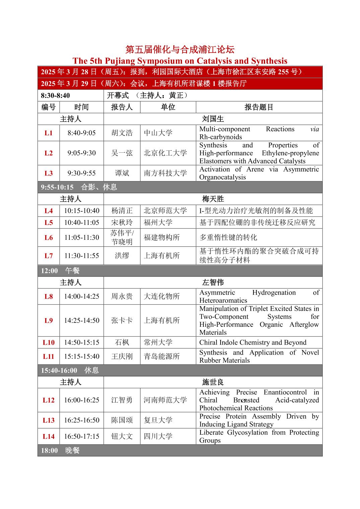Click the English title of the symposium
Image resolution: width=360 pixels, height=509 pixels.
(x=180, y=61)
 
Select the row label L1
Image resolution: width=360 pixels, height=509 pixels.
(x=49, y=133)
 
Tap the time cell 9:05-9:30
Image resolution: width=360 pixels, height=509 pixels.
(x=81, y=153)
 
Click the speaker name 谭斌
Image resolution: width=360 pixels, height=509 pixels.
(x=122, y=173)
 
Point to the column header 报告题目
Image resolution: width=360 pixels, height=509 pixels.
(x=259, y=107)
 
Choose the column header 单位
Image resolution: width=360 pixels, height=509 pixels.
(x=168, y=107)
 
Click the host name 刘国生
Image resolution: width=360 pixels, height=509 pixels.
(x=213, y=119)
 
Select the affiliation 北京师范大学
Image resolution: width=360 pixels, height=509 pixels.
(x=165, y=211)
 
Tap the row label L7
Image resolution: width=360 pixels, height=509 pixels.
(x=49, y=256)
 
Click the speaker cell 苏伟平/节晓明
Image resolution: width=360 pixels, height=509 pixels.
(x=122, y=237)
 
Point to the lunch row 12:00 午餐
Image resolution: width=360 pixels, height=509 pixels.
(x=60, y=271)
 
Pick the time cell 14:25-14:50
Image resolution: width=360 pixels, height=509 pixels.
(x=81, y=320)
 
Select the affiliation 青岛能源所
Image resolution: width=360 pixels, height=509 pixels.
(x=162, y=357)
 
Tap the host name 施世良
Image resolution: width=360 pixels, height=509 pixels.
(x=213, y=382)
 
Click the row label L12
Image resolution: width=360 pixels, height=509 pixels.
(x=49, y=400)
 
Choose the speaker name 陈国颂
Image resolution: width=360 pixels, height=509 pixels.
(x=122, y=420)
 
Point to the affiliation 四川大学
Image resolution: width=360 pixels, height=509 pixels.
(x=158, y=436)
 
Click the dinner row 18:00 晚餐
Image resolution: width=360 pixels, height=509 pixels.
(x=60, y=450)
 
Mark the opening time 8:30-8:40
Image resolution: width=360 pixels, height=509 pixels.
(x=56, y=95)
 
